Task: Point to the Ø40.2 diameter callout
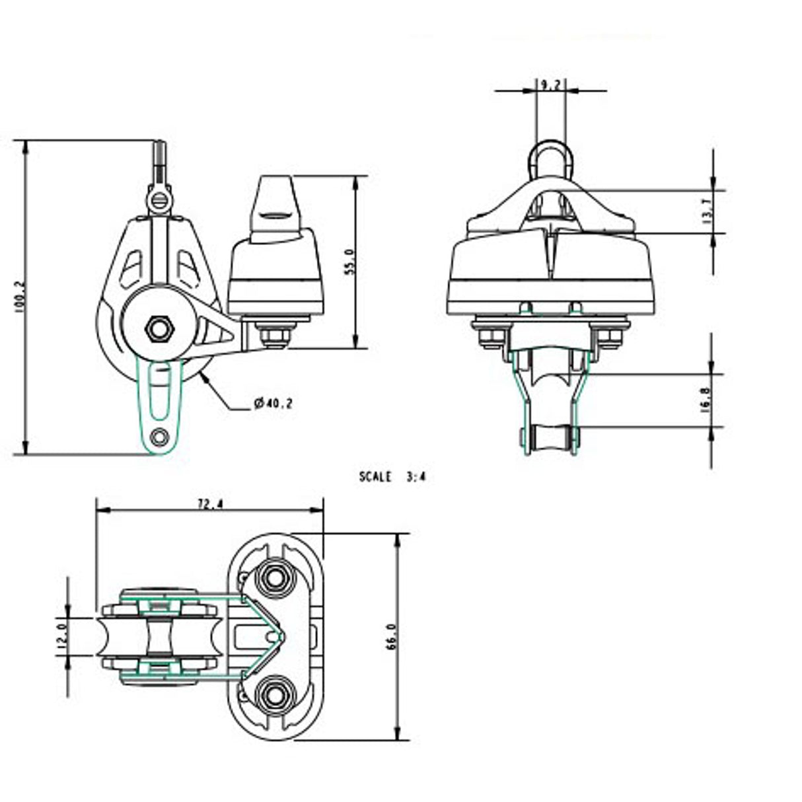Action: [273, 403]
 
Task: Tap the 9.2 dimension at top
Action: [550, 85]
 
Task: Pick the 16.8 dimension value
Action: [705, 400]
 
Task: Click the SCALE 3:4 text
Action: [392, 476]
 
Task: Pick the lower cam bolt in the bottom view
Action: [273, 693]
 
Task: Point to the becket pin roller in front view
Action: [549, 437]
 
